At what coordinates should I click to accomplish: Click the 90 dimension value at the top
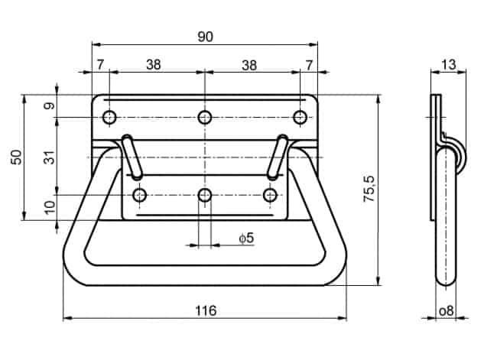(206, 37)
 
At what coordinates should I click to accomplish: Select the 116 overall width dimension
(206, 311)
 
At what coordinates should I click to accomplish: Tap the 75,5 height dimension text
(369, 189)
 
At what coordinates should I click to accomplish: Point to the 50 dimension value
(17, 157)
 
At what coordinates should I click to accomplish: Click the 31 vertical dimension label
(50, 157)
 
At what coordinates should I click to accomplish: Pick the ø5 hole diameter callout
(247, 238)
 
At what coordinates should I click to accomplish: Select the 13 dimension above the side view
(449, 65)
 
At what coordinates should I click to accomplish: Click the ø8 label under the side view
(447, 311)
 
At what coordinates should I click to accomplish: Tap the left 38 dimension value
(154, 65)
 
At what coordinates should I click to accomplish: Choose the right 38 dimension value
(249, 65)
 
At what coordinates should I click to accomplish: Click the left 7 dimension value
(100, 65)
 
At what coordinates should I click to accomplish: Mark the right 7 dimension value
(309, 65)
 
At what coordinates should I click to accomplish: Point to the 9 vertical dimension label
(50, 105)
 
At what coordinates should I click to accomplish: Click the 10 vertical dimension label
(50, 208)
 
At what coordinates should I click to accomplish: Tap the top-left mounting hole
(109, 118)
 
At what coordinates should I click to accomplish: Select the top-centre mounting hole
(205, 117)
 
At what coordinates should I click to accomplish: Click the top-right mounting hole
(300, 117)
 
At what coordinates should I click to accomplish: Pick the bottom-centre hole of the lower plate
(205, 195)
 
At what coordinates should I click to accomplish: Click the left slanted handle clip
(132, 157)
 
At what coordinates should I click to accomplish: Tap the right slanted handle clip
(278, 157)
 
